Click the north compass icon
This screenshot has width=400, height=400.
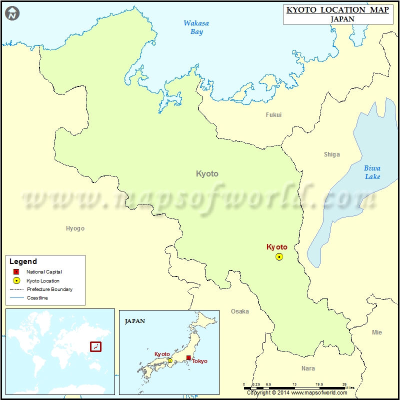pyautogui.click(x=12, y=13)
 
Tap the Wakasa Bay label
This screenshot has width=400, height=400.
pyautogui.click(x=196, y=27)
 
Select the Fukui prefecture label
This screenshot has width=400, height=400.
pyautogui.click(x=273, y=115)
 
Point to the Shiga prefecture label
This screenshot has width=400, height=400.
pyautogui.click(x=331, y=154)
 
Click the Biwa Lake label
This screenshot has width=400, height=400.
pyautogui.click(x=372, y=172)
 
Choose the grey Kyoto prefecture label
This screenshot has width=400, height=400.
pyautogui.click(x=207, y=174)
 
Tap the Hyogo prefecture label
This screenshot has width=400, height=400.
pyautogui.click(x=75, y=228)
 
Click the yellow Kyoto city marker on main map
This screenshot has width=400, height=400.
pyautogui.click(x=279, y=256)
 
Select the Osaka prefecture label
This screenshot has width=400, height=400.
pyautogui.click(x=239, y=311)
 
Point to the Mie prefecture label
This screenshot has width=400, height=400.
pyautogui.click(x=376, y=332)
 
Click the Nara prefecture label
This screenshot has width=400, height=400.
pyautogui.click(x=308, y=368)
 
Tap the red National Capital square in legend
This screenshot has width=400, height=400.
pyautogui.click(x=16, y=272)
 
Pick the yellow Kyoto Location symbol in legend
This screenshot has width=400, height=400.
pyautogui.click(x=16, y=280)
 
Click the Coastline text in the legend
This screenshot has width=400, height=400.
pyautogui.click(x=37, y=298)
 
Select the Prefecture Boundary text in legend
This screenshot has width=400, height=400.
pyautogui.click(x=49, y=289)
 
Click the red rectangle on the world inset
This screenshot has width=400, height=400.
pyautogui.click(x=95, y=346)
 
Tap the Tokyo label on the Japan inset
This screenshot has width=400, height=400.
pyautogui.click(x=199, y=361)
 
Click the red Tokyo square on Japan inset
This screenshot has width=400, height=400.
pyautogui.click(x=188, y=357)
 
